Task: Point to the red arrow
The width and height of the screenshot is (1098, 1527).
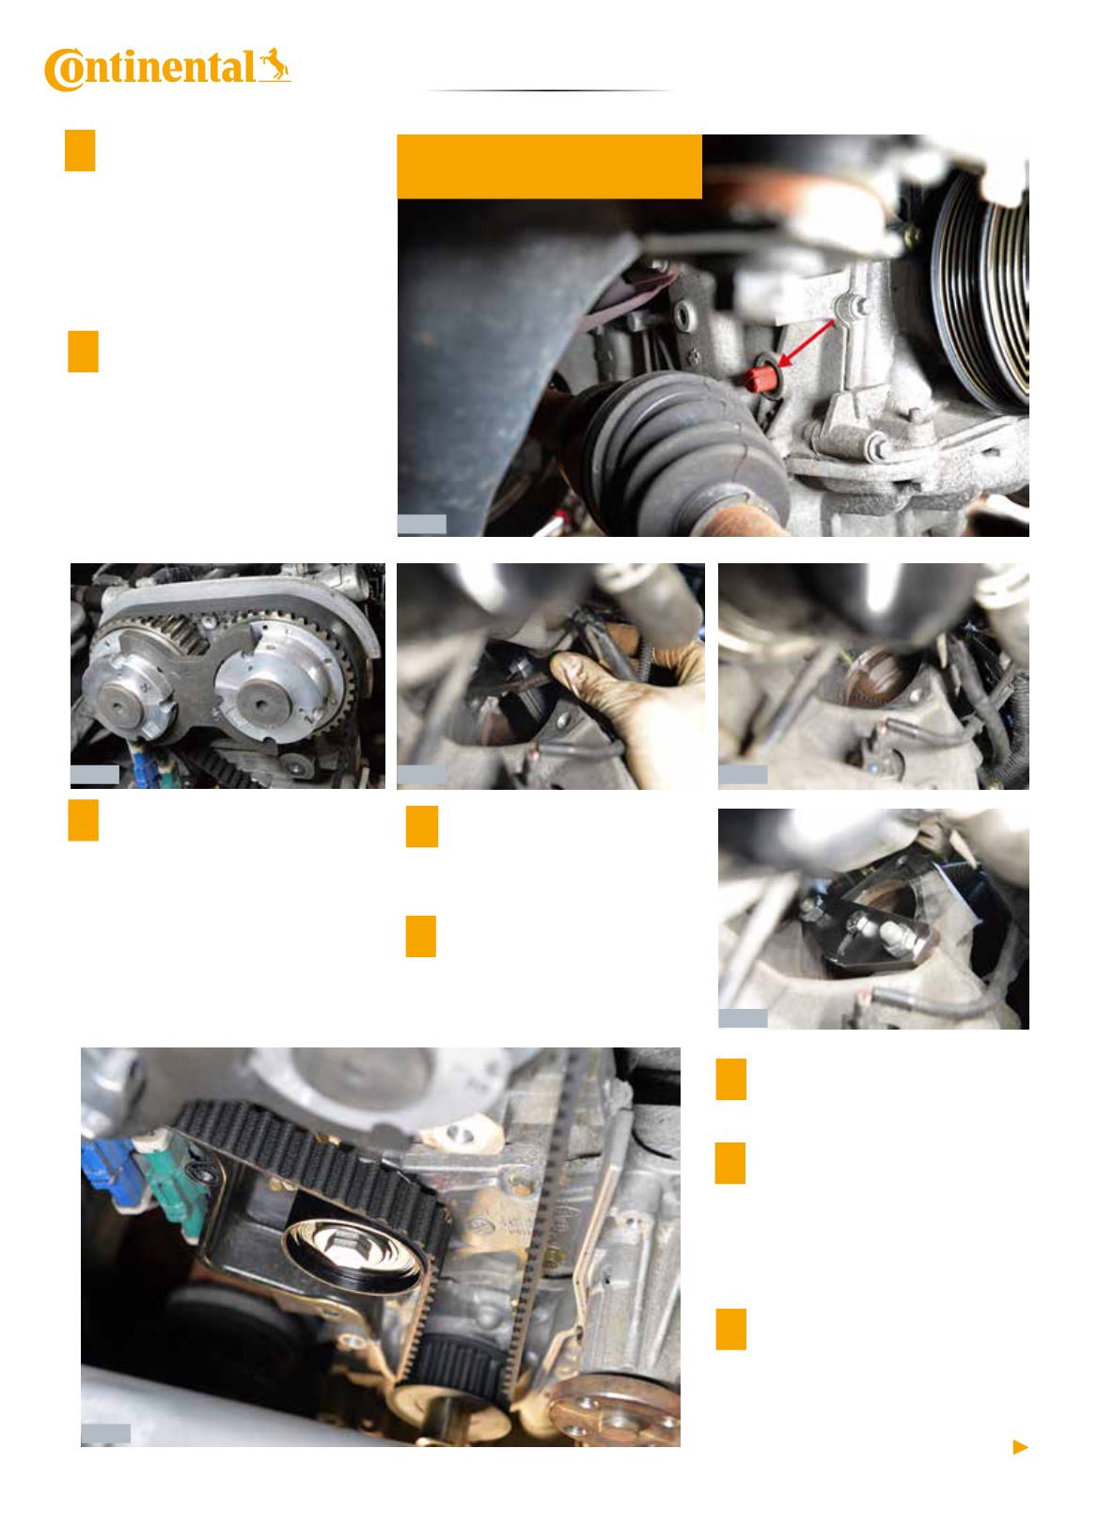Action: (807, 343)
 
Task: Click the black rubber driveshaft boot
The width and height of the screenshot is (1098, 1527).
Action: (682, 451)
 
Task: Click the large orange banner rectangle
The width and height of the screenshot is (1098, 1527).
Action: (549, 166)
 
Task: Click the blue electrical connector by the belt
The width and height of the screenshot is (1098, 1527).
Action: (113, 1173)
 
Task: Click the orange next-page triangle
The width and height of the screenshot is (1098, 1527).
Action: (1020, 1446)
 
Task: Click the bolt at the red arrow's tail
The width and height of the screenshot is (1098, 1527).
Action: (849, 307)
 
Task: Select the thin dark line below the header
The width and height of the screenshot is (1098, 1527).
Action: (549, 90)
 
